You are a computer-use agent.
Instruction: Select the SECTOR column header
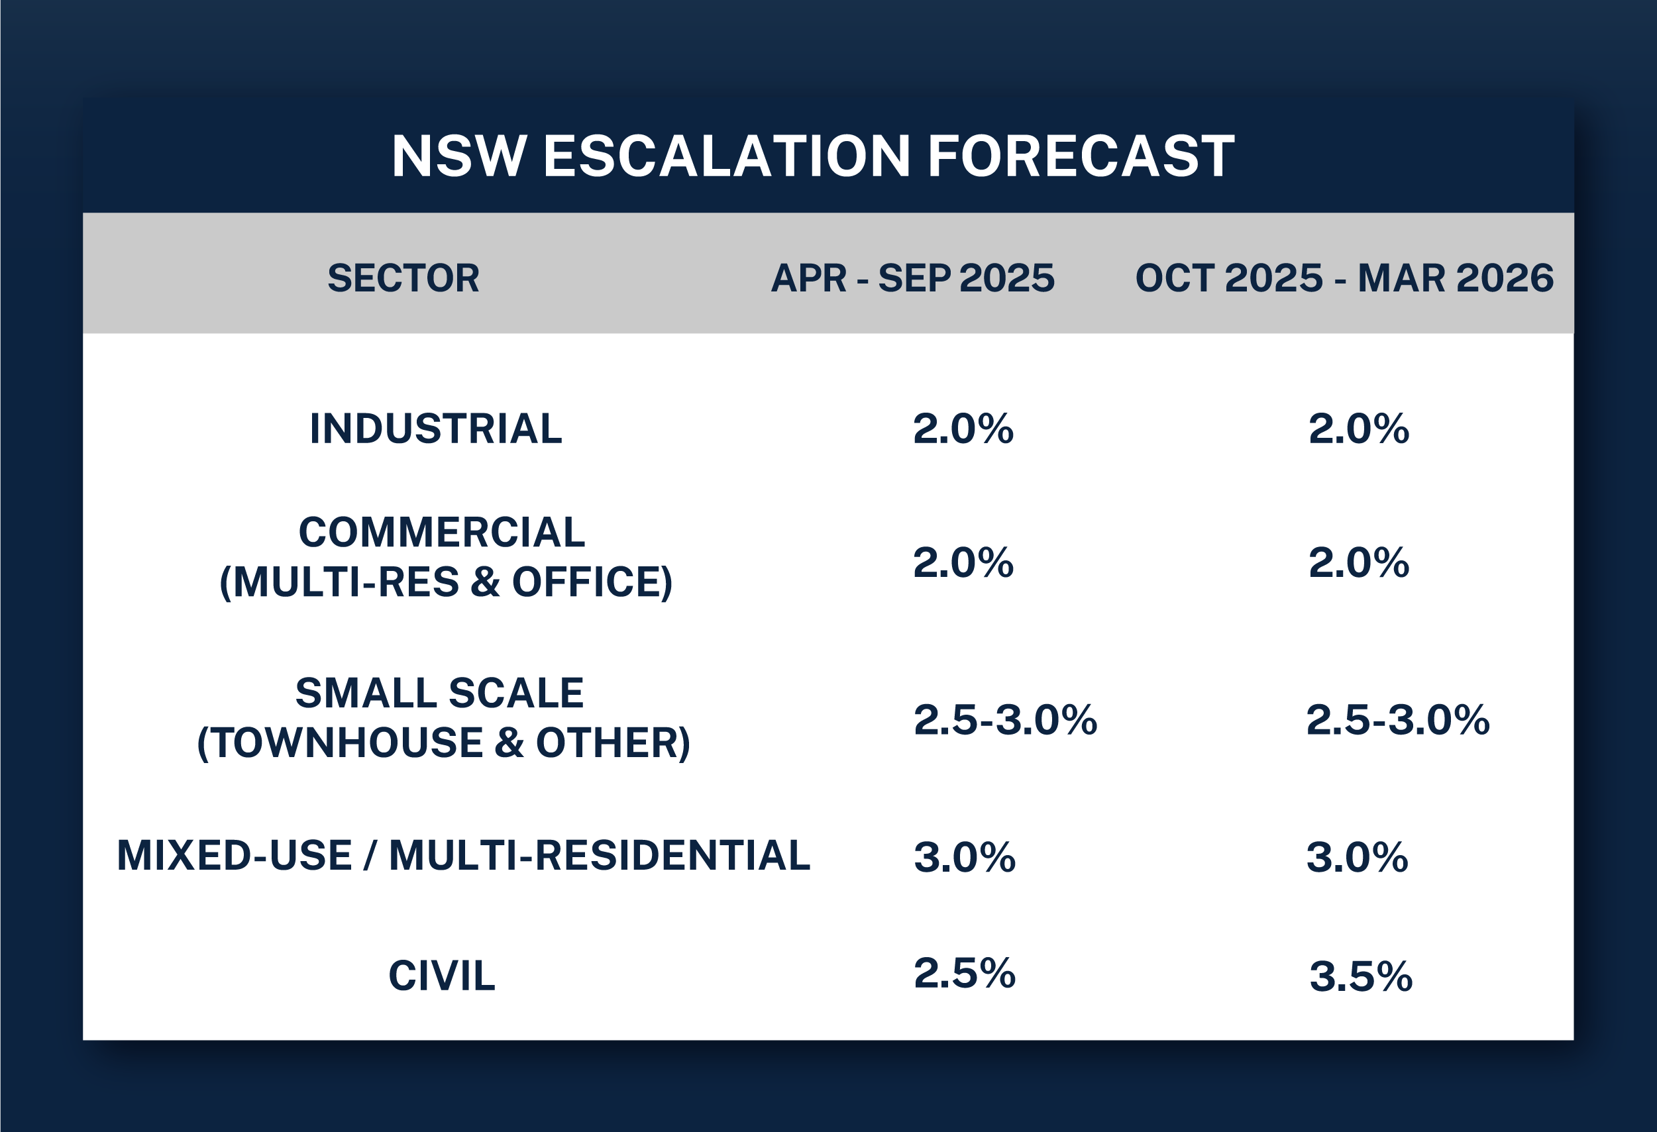[x=403, y=278]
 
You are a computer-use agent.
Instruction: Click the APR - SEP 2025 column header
[x=912, y=278]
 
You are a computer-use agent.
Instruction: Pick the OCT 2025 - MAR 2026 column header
[x=1345, y=278]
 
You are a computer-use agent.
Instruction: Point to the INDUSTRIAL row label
[x=436, y=429]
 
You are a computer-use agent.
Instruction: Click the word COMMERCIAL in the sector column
[x=442, y=532]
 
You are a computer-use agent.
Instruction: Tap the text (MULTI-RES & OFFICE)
[x=446, y=582]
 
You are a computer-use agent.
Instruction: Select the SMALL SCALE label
[x=440, y=693]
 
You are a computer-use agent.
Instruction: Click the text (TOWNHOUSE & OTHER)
[x=443, y=743]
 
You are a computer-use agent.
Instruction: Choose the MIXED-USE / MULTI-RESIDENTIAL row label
[x=464, y=855]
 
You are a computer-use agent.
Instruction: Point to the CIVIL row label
[x=441, y=976]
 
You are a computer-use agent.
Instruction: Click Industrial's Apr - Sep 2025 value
[x=963, y=429]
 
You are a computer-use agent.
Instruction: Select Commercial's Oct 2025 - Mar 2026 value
[x=1359, y=562]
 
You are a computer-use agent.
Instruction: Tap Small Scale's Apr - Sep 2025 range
[x=1005, y=719]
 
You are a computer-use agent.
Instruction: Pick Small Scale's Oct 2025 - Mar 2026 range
[x=1398, y=719]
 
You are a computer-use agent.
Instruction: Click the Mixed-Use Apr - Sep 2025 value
[x=965, y=857]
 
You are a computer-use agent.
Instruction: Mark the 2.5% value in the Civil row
[x=965, y=973]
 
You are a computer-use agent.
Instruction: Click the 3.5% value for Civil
[x=1361, y=976]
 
